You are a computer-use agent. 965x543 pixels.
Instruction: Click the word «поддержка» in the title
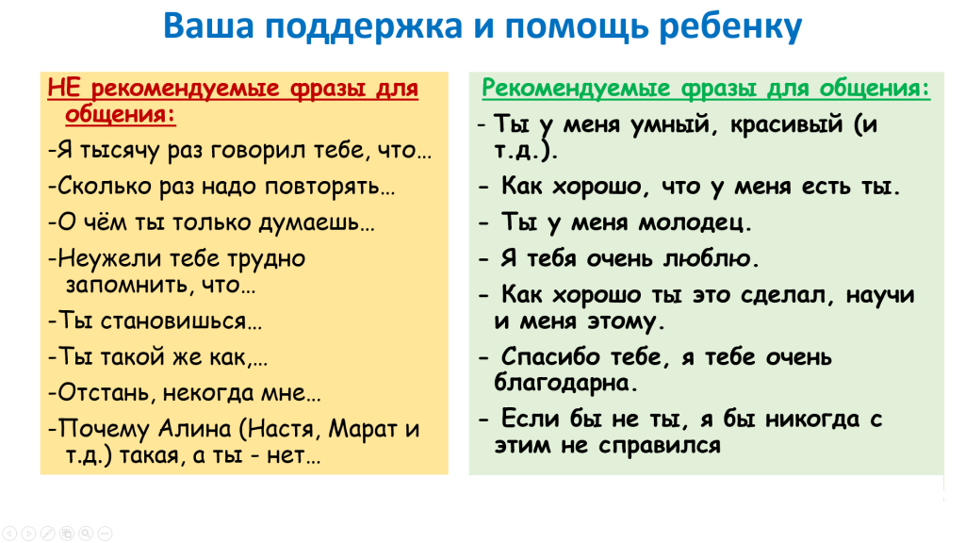(364, 27)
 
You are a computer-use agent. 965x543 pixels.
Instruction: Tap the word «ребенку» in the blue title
(730, 27)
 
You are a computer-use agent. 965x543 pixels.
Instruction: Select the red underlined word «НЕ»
(64, 88)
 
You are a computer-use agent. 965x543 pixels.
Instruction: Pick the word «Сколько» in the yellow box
(104, 186)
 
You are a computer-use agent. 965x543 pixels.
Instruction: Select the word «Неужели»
(109, 258)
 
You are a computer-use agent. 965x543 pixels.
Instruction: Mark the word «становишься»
(173, 321)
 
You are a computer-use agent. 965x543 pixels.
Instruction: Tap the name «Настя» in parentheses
(281, 429)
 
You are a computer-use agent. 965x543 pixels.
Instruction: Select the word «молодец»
(695, 222)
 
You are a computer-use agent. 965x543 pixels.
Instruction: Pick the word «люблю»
(711, 258)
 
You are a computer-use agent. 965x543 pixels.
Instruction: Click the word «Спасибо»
(550, 356)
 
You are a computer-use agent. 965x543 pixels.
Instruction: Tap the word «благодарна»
(565, 383)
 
